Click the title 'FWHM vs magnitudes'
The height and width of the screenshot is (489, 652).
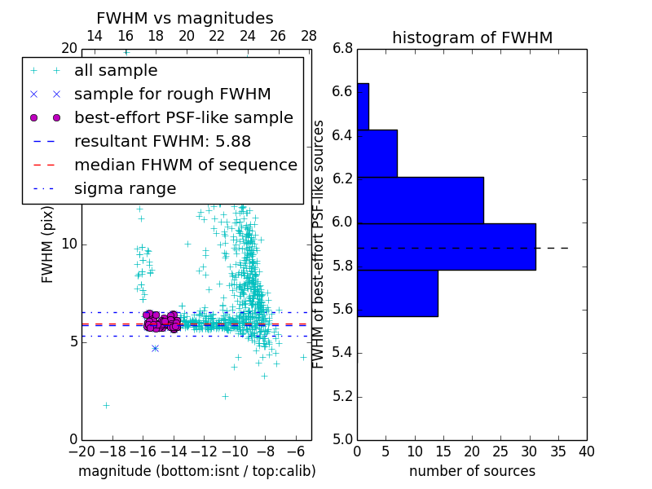184,18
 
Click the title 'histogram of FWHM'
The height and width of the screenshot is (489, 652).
472,37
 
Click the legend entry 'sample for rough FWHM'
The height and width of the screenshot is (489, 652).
172,94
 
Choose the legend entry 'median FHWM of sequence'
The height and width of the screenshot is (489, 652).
185,165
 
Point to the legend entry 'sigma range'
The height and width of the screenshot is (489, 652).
125,188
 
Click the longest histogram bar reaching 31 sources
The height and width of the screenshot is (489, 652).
446,246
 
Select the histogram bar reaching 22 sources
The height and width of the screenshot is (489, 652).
420,200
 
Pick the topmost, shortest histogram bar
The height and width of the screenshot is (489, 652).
363,106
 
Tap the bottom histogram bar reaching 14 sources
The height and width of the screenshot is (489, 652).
397,293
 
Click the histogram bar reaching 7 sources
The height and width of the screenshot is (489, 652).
377,153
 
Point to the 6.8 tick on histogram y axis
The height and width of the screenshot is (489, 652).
342,49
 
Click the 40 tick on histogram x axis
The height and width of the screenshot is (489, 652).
587,451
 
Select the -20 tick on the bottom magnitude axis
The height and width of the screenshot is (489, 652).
81,451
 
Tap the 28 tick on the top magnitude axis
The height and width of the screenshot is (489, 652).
309,36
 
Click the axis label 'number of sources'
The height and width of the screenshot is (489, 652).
472,471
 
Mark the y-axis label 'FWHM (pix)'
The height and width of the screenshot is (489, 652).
48,244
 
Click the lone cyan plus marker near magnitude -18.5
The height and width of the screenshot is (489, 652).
105,405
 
